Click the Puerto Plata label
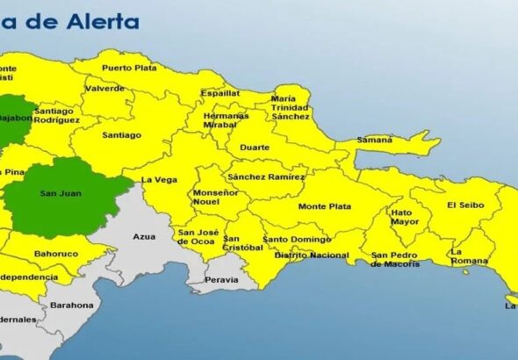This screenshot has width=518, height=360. [128, 68]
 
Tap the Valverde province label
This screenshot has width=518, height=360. [104, 89]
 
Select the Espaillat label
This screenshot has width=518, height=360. [219, 93]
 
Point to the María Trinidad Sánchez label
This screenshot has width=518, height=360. [290, 107]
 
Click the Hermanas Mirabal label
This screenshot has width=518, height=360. [226, 120]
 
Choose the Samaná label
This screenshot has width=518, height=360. [376, 140]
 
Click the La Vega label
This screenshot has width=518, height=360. [159, 179]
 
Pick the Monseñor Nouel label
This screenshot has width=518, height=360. [215, 197]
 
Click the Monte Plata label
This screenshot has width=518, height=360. [325, 206]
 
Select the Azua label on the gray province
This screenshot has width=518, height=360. [143, 237]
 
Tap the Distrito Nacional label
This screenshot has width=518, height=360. [311, 256]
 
